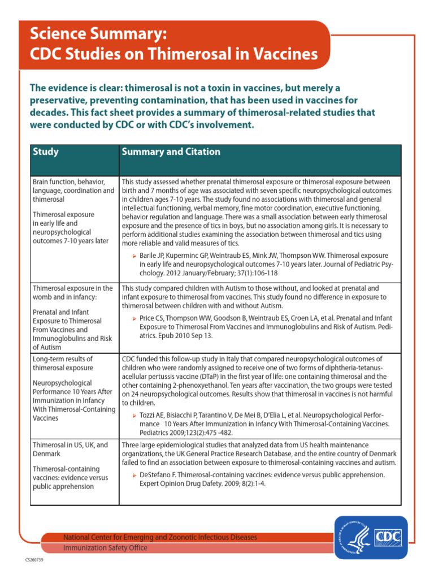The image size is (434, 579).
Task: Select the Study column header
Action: [x=46, y=152]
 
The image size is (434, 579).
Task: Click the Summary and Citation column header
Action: [x=171, y=152]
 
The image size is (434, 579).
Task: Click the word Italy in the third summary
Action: [x=224, y=359]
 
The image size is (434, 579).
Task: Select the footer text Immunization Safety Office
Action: [x=105, y=548]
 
